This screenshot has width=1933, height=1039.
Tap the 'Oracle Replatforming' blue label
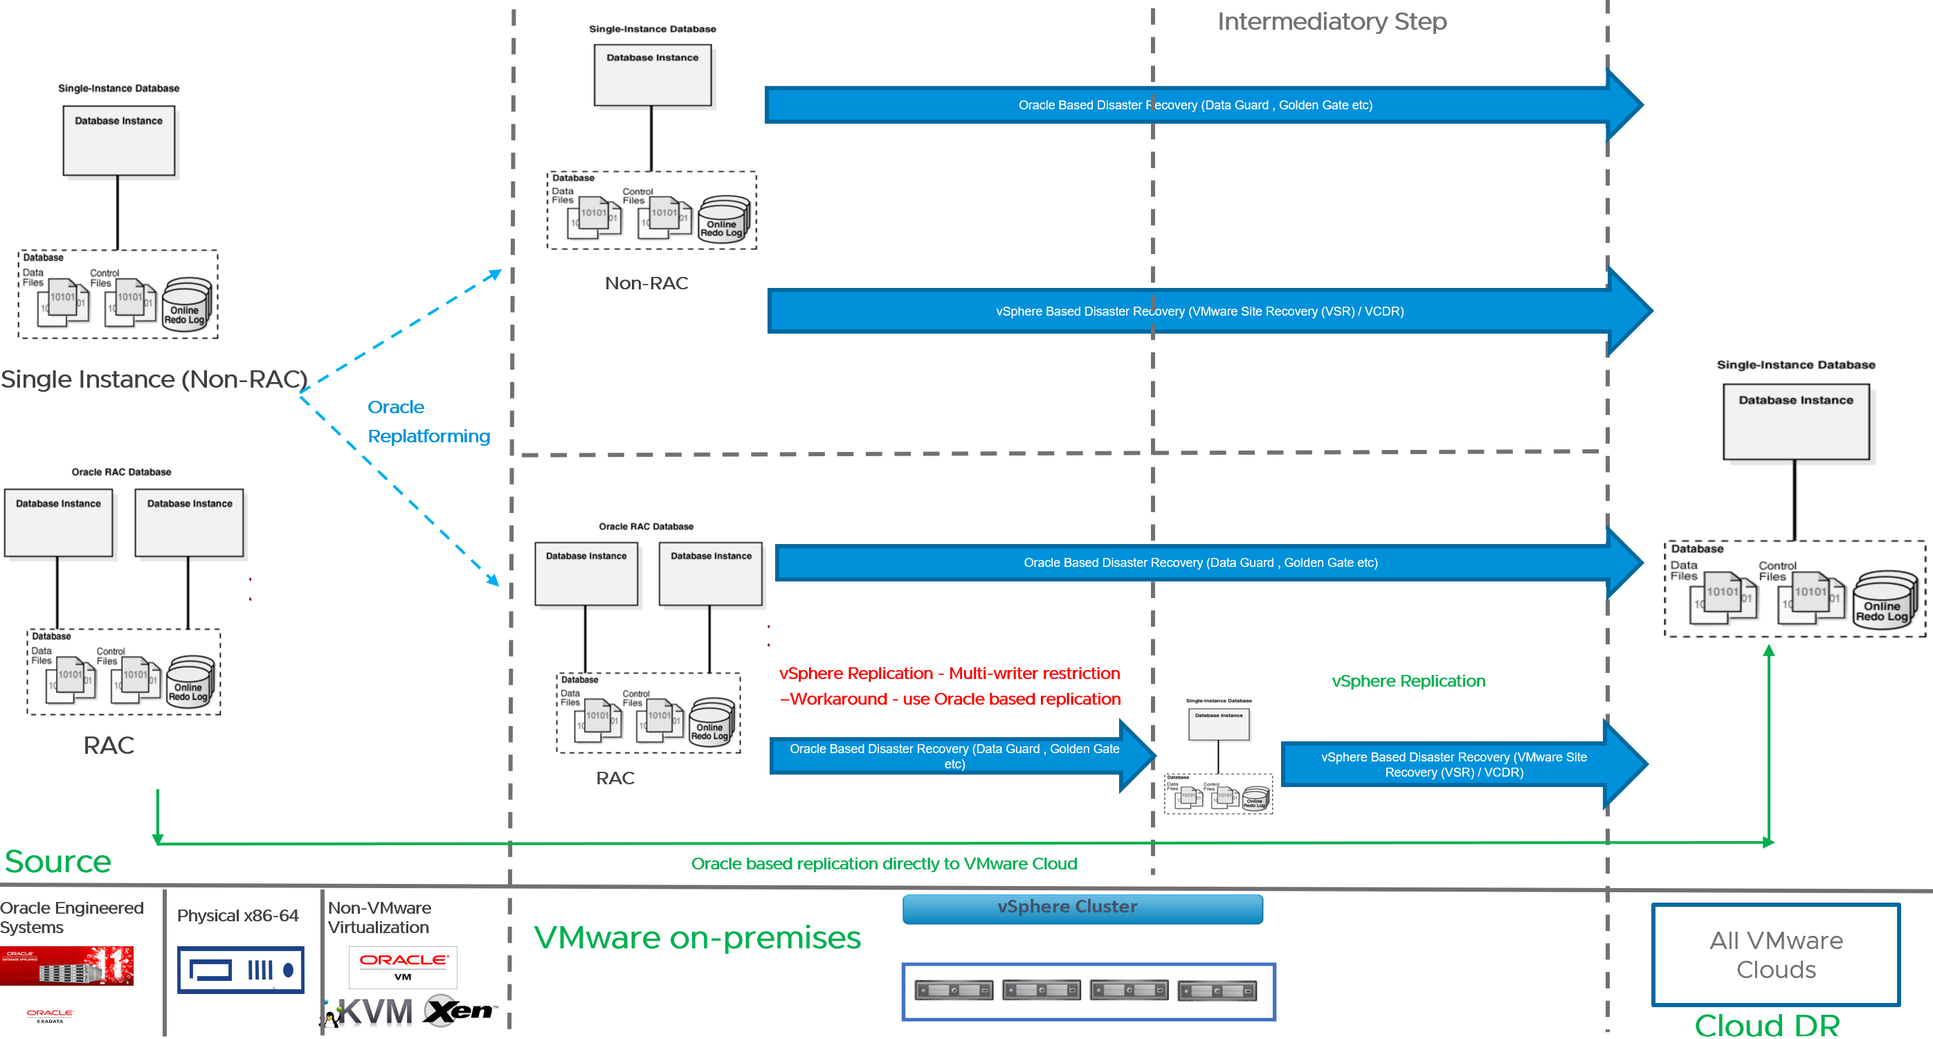click(428, 421)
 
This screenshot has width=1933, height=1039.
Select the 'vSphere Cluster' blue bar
click(1082, 907)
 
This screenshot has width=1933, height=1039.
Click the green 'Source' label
click(57, 861)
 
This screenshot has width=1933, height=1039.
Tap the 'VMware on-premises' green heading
click(697, 937)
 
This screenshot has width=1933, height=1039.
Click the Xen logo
click(457, 1011)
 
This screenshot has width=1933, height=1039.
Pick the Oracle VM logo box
click(403, 967)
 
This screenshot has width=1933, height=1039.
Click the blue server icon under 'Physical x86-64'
click(240, 970)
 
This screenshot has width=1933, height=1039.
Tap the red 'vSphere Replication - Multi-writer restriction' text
click(950, 674)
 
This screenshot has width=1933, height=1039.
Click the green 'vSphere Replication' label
click(1408, 681)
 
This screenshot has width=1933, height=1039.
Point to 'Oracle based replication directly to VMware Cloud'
click(883, 863)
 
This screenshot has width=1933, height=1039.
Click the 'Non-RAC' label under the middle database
click(646, 283)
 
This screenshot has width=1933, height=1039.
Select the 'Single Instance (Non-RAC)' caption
click(154, 379)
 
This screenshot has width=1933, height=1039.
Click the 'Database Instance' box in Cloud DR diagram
click(1795, 421)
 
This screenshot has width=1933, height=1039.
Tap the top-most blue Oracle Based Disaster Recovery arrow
click(1195, 105)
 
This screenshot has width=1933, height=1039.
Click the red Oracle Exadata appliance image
click(66, 966)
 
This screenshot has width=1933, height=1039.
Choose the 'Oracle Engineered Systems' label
click(71, 917)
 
